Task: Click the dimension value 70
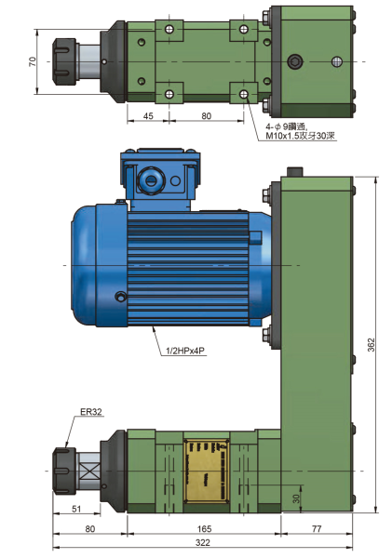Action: (32, 61)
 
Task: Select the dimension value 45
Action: (147, 116)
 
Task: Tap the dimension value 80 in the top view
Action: (206, 116)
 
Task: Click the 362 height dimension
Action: (371, 343)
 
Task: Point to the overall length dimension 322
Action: (202, 542)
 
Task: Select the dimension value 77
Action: (317, 528)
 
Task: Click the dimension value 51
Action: (76, 508)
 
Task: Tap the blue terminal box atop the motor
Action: (155, 176)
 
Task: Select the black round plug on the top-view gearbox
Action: (296, 62)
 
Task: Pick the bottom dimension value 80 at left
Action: (89, 528)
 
